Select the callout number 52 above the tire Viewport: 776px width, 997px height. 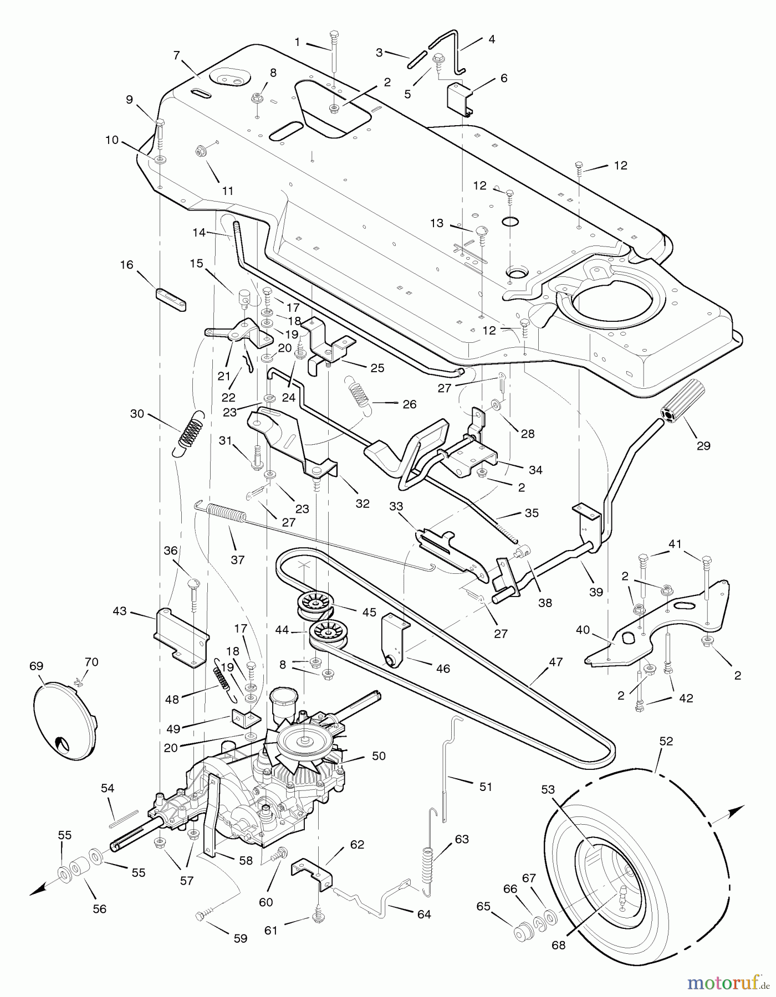(666, 741)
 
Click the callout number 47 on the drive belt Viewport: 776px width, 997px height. (555, 662)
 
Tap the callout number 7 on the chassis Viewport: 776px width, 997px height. (177, 55)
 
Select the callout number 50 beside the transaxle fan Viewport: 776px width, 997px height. (379, 756)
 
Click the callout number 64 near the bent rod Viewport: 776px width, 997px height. (424, 914)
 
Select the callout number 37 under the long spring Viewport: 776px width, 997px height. (237, 560)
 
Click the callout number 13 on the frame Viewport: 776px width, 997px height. (437, 223)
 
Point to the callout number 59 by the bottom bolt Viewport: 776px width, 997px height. (240, 939)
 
